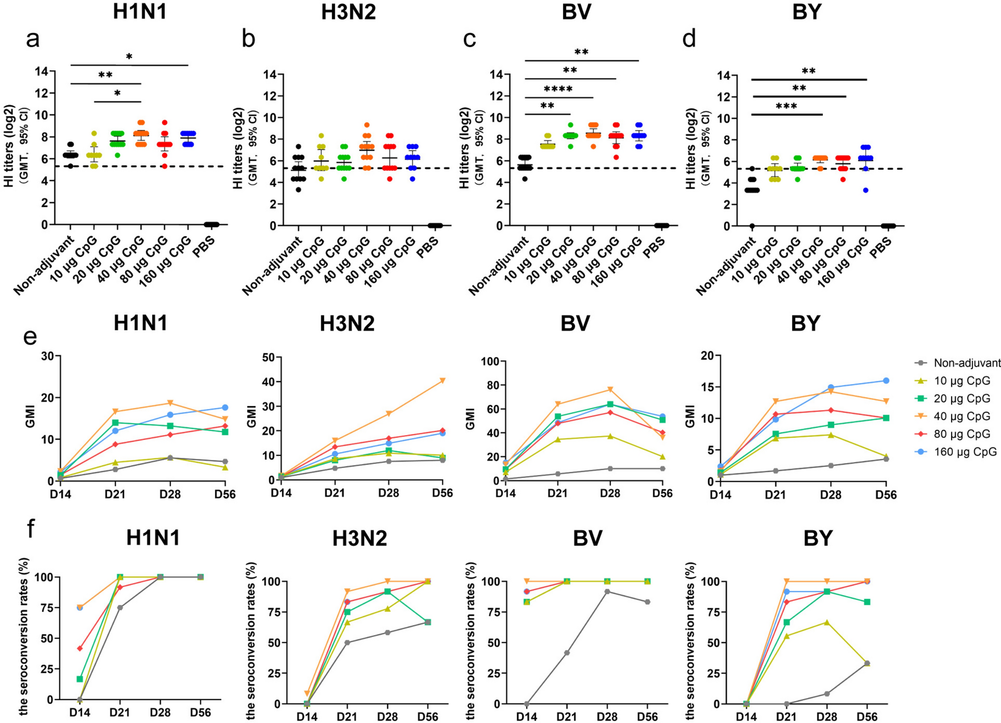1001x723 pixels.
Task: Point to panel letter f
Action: pos(31,528)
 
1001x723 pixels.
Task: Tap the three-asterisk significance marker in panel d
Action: pos(786,107)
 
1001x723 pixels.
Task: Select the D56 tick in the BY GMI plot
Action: pos(886,494)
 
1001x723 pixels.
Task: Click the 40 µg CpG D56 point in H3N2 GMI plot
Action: pos(442,381)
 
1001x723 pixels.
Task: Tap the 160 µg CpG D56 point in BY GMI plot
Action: pos(886,381)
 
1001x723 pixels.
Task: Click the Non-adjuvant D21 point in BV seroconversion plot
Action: pos(567,653)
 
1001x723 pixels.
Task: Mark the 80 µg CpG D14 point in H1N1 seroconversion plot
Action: pos(80,648)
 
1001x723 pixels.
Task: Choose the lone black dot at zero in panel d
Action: pos(752,226)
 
